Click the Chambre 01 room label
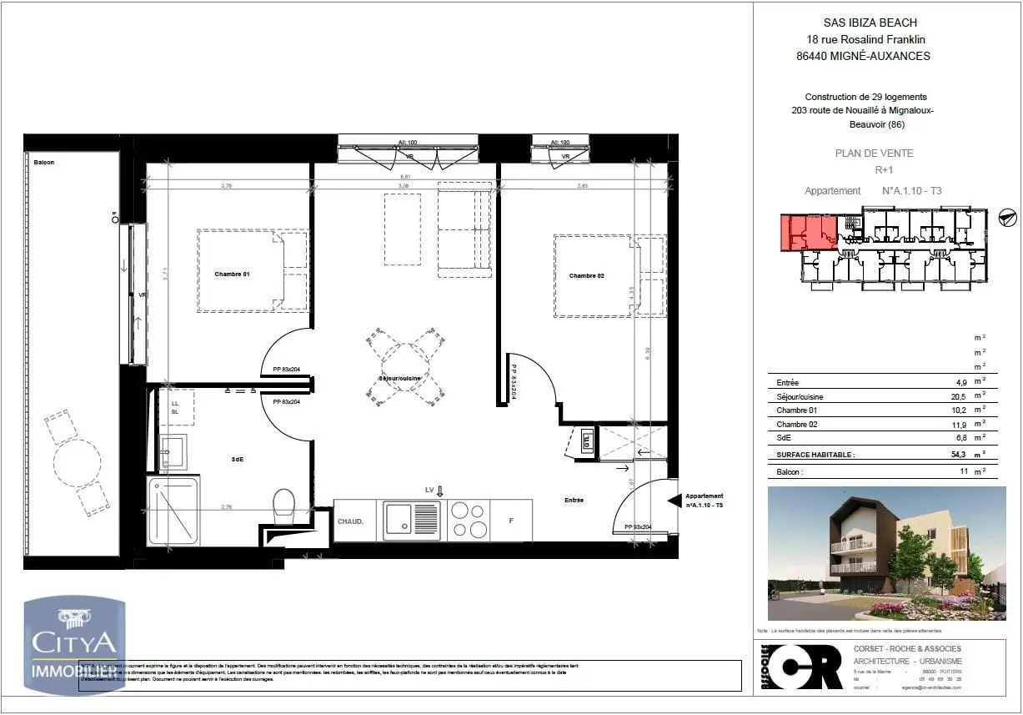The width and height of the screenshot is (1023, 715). [x=232, y=274]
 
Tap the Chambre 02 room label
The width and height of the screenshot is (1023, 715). [x=586, y=276]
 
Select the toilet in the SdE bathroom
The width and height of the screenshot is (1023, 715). [x=283, y=503]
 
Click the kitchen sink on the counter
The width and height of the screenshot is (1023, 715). [x=411, y=520]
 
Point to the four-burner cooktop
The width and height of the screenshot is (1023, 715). [x=469, y=520]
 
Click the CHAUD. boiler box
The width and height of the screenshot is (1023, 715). [x=350, y=521]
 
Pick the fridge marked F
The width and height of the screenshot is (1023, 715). [x=510, y=521]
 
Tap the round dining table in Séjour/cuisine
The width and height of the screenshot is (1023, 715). [x=405, y=367]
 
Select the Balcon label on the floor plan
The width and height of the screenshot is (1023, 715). [x=44, y=163]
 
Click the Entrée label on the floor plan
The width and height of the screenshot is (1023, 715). [x=574, y=501]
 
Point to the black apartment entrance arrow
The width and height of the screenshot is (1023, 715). [x=674, y=501]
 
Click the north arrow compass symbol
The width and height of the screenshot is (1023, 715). [x=1007, y=217]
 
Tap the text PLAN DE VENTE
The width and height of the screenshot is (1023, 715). [x=874, y=154]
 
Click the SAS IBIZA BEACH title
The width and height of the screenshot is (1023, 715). [x=863, y=23]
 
